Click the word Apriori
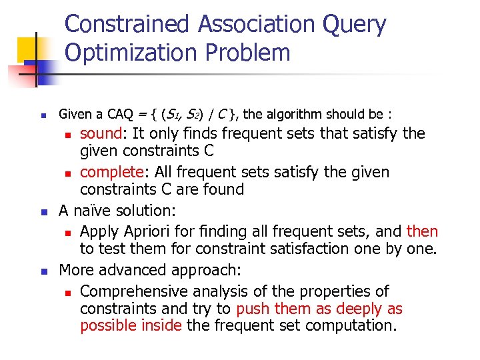click(x=149, y=231)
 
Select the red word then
click(x=423, y=231)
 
